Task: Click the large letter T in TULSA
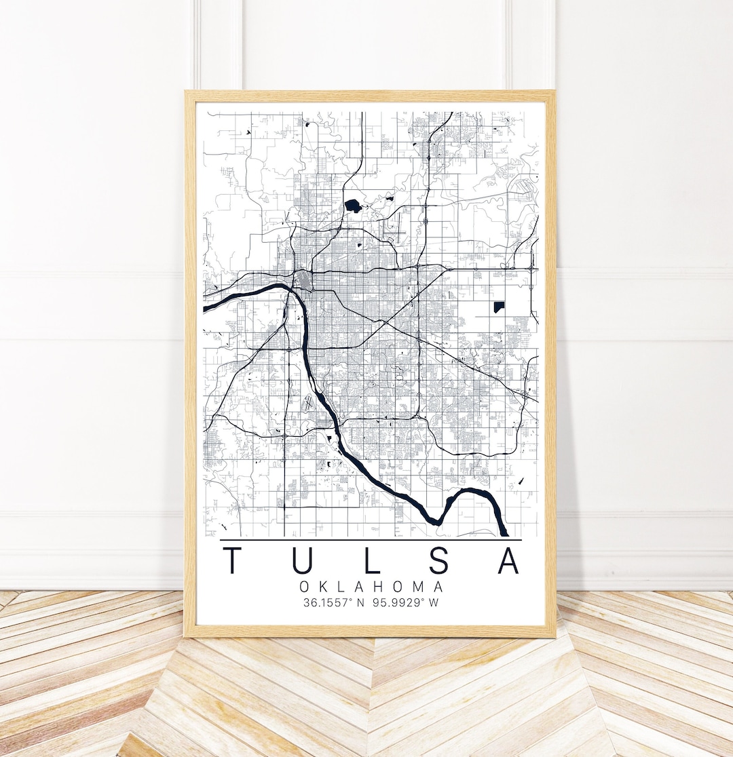click(x=234, y=560)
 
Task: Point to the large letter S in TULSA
click(x=438, y=560)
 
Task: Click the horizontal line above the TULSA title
click(x=371, y=540)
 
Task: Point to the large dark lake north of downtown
click(x=353, y=204)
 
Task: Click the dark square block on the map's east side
click(x=500, y=307)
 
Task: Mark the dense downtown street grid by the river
click(x=303, y=280)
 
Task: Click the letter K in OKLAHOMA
click(x=322, y=587)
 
